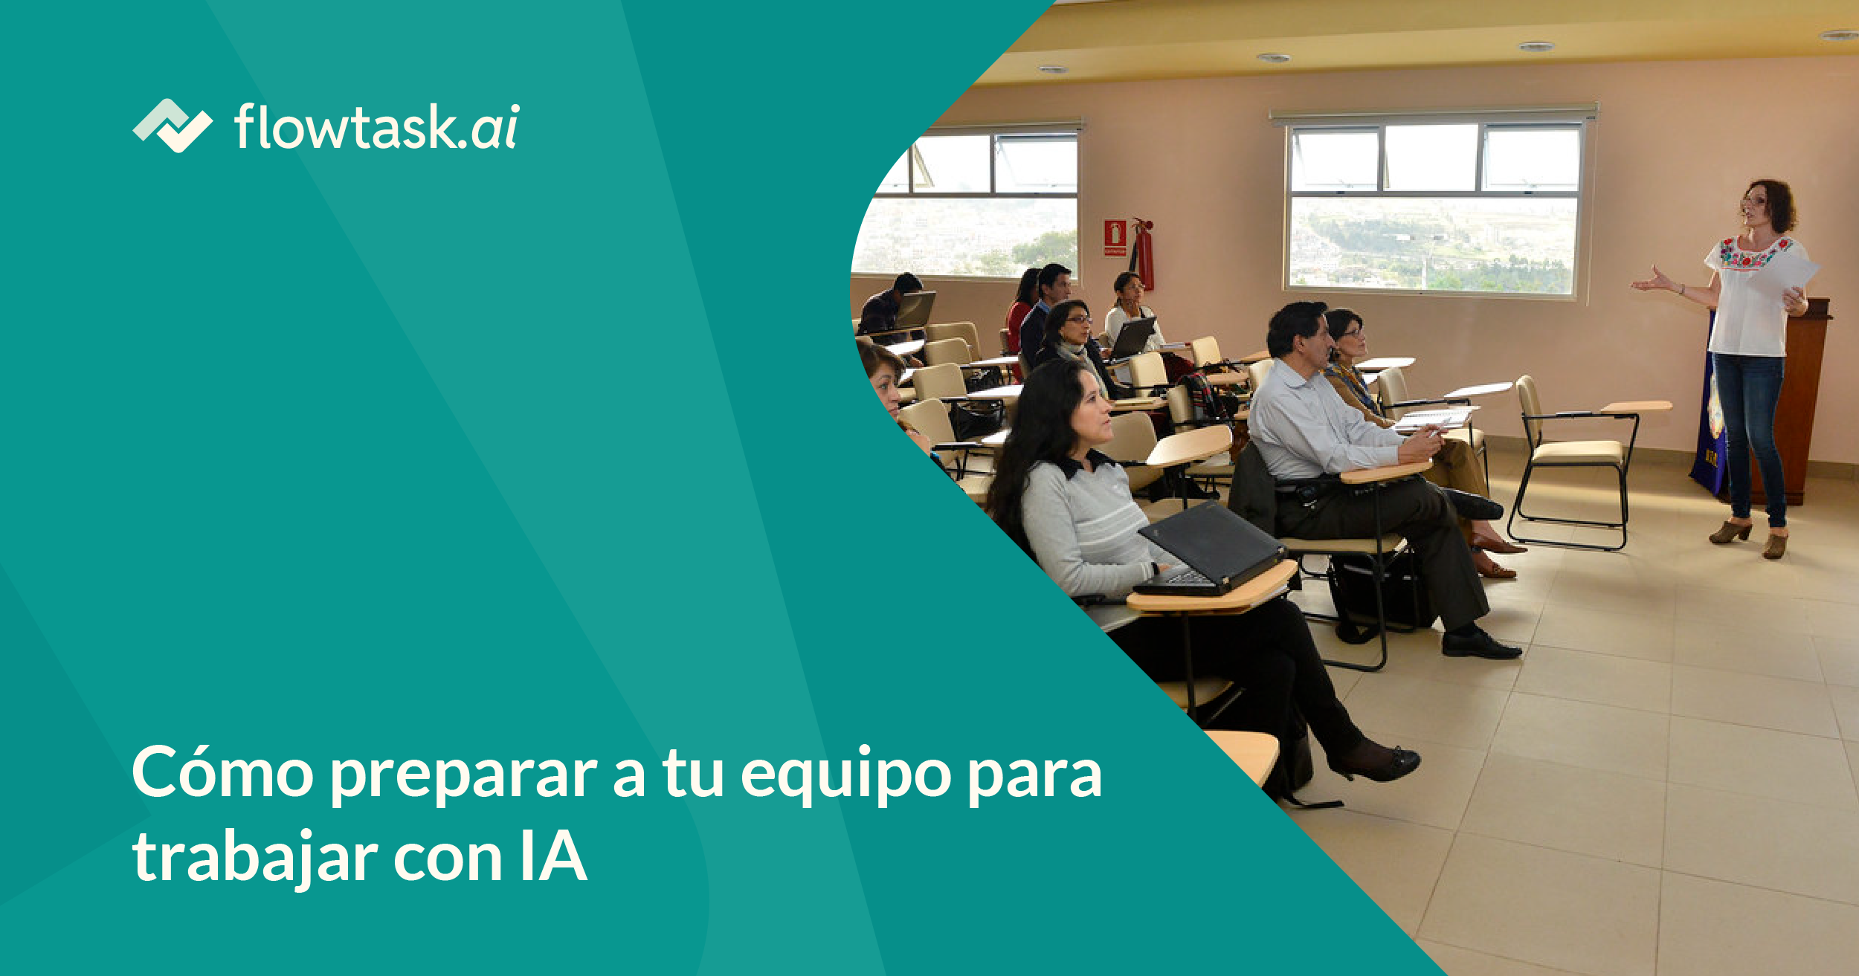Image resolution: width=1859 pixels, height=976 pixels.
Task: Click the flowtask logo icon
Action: pos(173,126)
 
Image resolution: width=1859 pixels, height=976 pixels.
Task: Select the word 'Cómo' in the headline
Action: pos(222,774)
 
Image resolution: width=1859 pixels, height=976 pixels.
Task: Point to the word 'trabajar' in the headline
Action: pos(255,858)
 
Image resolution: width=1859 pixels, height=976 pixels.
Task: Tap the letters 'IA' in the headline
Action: pos(553,857)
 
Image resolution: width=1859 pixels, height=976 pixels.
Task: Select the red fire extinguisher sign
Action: pos(1115,238)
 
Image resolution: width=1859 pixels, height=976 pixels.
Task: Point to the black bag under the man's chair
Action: pos(1376,595)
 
